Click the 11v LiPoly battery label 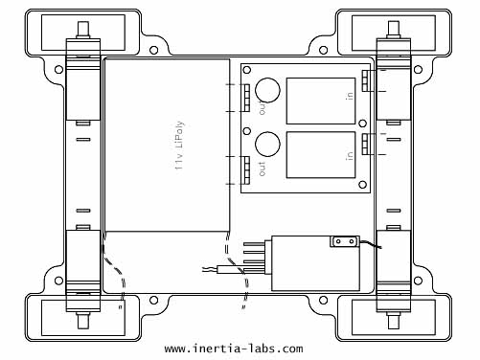coord(180,145)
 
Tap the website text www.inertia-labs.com coord(234,349)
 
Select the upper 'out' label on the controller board coord(263,108)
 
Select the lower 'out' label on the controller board coord(263,169)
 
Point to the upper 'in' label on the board coord(350,96)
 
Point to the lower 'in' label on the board coord(350,155)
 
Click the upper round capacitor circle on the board coord(267,90)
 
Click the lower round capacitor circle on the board coord(267,144)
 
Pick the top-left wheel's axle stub coord(83,30)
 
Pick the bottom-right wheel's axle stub coord(394,321)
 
